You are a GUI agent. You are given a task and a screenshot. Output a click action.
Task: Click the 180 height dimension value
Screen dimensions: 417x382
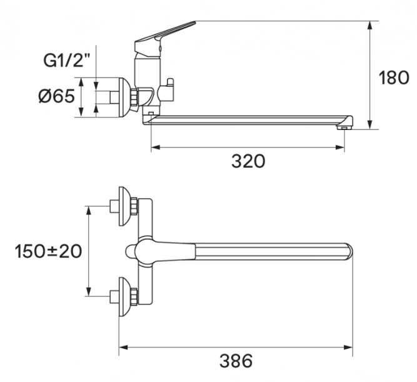(x=394, y=78)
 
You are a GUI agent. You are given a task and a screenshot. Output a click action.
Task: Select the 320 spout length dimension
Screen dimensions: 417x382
(x=248, y=161)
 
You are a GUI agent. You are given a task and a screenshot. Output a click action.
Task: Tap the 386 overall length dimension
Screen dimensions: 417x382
(x=236, y=361)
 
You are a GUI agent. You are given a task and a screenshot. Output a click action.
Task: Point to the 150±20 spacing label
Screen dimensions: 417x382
(x=48, y=251)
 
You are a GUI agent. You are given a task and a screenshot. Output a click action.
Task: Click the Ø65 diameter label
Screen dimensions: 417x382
(x=57, y=96)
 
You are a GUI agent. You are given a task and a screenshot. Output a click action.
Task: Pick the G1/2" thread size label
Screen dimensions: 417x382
(x=67, y=60)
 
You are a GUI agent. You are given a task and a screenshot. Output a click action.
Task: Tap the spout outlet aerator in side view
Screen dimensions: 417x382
(x=344, y=128)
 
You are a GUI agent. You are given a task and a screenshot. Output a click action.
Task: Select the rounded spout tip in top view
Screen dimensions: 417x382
(x=348, y=251)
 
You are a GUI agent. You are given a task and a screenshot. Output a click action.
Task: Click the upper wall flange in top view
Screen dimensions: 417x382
(x=124, y=206)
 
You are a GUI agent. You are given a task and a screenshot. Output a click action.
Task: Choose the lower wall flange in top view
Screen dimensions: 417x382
(x=124, y=296)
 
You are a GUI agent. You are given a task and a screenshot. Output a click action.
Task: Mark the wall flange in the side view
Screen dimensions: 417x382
(x=124, y=98)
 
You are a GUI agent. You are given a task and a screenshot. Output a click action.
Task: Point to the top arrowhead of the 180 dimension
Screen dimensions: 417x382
(x=370, y=27)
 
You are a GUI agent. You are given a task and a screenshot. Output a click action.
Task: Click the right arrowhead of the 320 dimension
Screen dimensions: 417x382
(x=339, y=147)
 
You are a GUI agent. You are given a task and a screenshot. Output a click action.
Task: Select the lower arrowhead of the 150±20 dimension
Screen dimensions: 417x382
(x=89, y=291)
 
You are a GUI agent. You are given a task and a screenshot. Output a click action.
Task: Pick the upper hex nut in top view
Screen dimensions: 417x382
(x=134, y=206)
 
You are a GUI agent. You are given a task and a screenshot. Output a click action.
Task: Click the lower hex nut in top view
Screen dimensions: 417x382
(x=134, y=296)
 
